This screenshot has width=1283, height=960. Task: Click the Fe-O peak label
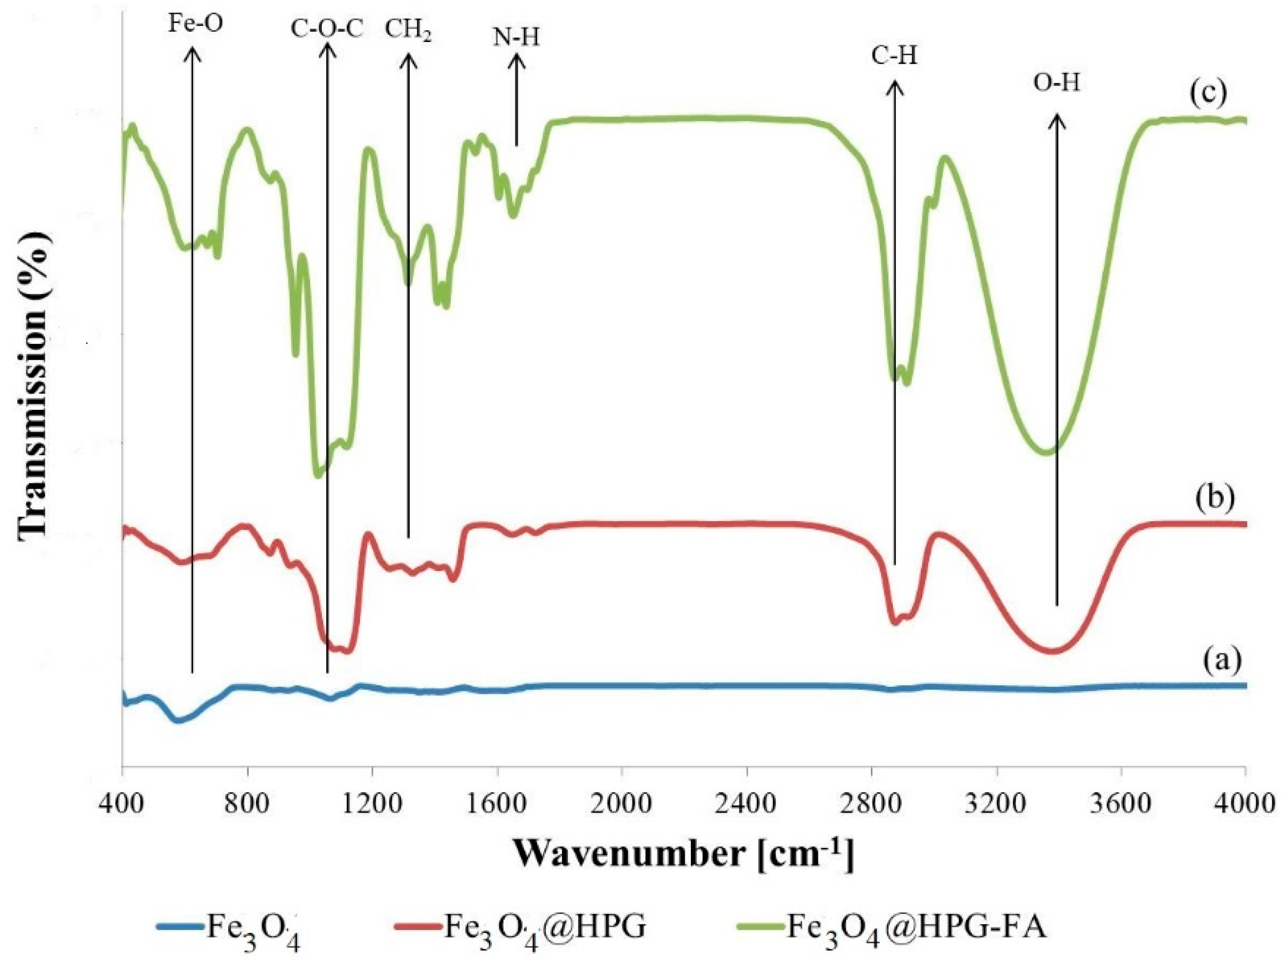194,25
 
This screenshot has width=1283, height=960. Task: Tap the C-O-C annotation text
327,29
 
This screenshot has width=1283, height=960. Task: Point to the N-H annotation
516,38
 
